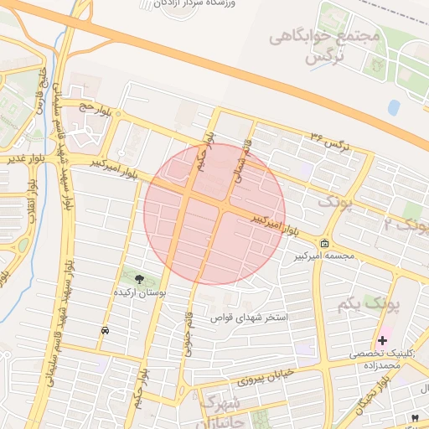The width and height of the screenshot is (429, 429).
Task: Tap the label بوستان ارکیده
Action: coord(139,293)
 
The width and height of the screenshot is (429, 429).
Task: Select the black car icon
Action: coord(104,331)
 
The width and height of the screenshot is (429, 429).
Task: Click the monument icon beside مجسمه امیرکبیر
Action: coord(324,244)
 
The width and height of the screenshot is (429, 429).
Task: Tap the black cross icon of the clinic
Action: coord(382,340)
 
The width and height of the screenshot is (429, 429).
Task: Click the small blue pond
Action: coord(394,106)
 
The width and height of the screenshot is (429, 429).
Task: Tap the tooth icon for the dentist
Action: coord(414,416)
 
